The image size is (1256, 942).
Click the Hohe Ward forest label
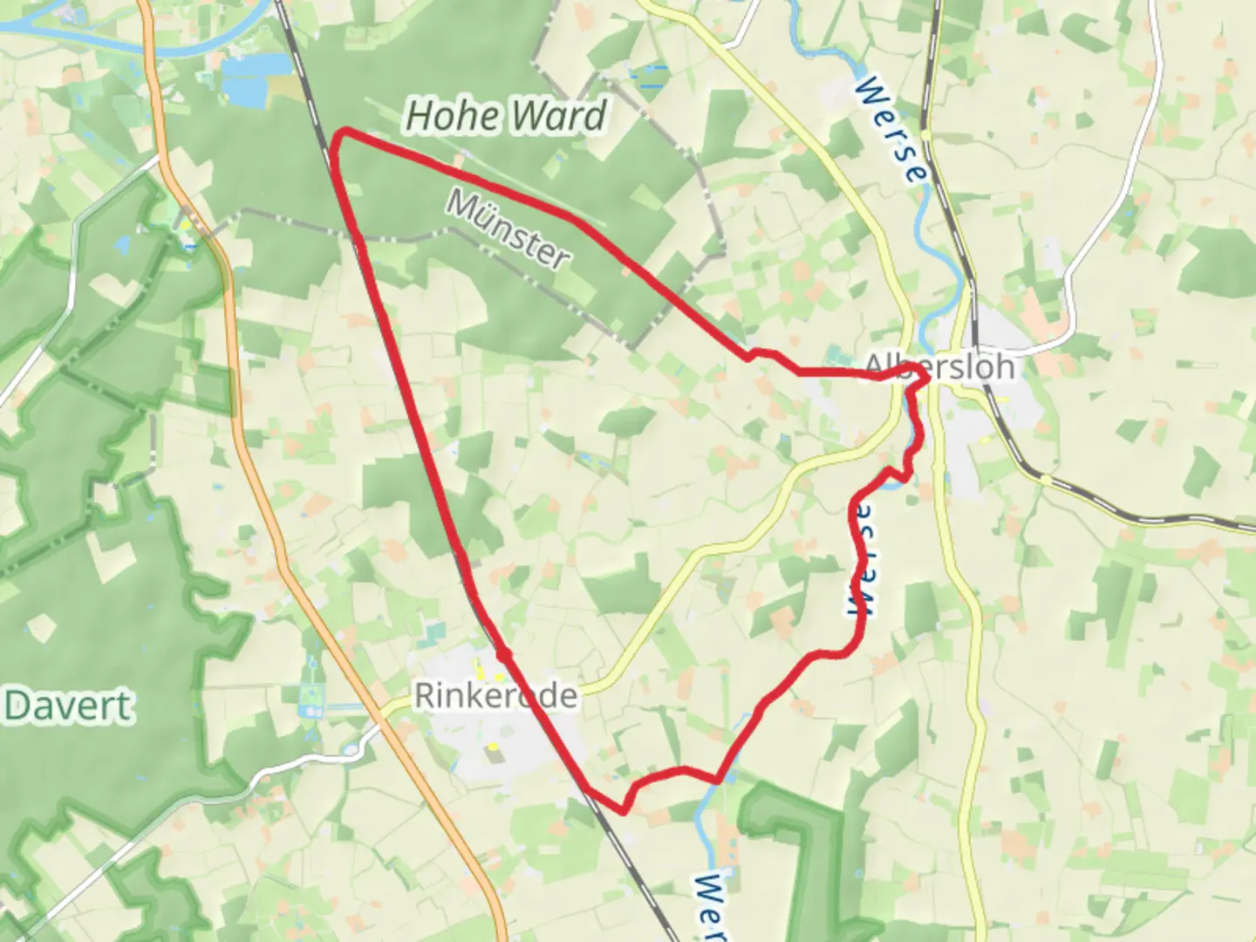507,116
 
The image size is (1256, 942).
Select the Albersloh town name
939,366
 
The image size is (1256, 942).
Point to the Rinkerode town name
495,696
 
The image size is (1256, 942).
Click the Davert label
69,706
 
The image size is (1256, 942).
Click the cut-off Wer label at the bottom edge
712,907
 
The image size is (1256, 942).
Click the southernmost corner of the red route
623,810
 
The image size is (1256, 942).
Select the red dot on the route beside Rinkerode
503,653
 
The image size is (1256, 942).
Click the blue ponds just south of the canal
254,75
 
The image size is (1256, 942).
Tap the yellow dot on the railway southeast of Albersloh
1045,479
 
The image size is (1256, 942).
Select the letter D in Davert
17,706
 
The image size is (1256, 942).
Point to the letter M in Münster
463,205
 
